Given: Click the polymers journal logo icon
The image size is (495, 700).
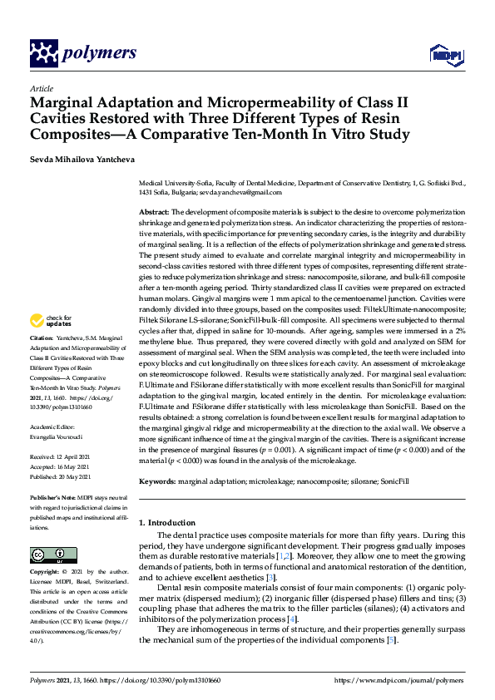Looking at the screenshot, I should pyautogui.click(x=42, y=54).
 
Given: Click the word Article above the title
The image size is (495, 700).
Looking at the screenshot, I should pyautogui.click(x=41, y=87).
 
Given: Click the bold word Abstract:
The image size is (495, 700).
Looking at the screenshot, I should pyautogui.click(x=155, y=213).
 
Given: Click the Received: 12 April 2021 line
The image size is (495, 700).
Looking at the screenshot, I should pyautogui.click(x=65, y=457).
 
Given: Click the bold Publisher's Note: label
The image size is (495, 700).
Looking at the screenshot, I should pyautogui.click(x=54, y=496).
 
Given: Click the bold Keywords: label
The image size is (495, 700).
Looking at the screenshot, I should pyautogui.click(x=156, y=481).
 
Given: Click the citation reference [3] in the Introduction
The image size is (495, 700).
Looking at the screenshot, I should pyautogui.click(x=270, y=578).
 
